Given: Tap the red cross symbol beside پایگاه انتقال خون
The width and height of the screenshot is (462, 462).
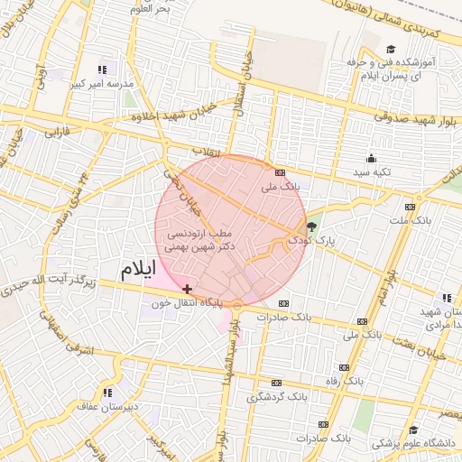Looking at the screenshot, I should (187, 289).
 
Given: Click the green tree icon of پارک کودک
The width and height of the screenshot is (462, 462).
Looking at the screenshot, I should (312, 226).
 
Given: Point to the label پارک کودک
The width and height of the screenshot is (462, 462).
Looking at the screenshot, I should (311, 241).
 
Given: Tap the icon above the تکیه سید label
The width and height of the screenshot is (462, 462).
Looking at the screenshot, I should (372, 157).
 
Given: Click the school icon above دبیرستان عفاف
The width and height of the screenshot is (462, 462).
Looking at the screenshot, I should (107, 393).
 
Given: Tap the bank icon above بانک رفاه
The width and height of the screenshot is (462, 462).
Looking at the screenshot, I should (344, 367).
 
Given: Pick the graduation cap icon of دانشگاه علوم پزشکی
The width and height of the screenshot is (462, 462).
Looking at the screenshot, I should (413, 430).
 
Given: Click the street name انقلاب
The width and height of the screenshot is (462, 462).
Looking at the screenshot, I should (207, 150).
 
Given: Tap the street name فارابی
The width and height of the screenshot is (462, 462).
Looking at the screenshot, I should (60, 131).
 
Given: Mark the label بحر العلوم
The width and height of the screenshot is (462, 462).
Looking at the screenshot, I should (151, 8).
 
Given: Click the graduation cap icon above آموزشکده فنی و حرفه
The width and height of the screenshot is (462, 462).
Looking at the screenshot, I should (391, 50).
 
